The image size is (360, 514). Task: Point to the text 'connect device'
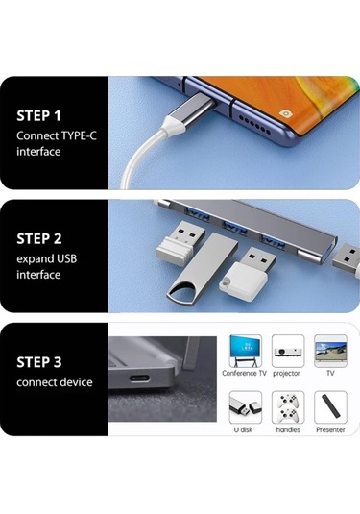(55, 382)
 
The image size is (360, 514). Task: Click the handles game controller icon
(287, 407)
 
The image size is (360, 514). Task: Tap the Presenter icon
(330, 407)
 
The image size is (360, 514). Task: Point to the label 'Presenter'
(330, 429)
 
